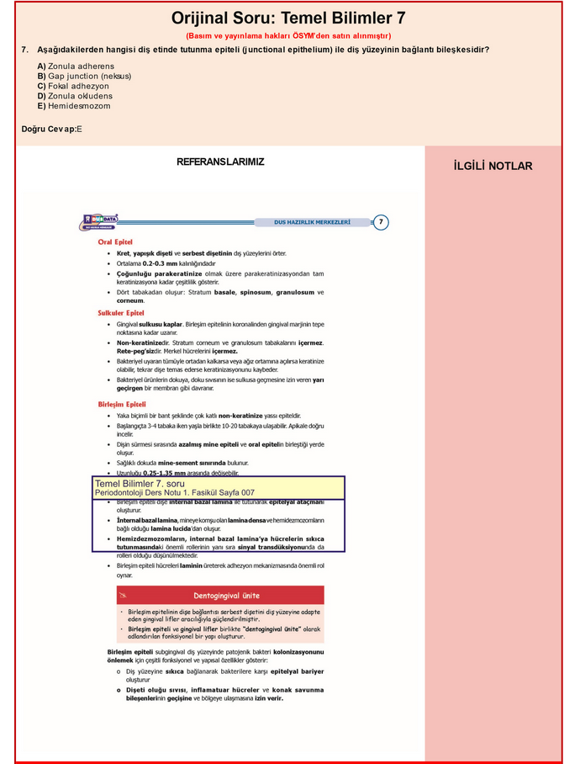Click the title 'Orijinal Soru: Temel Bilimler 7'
pos(288,18)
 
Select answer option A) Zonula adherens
pos(76,66)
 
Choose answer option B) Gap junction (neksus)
pos(84,76)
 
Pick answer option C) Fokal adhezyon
pos(73,86)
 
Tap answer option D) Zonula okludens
pos(74,96)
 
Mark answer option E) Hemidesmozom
pos(74,106)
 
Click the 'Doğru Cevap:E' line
pos(52,129)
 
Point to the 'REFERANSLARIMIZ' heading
pos(220,162)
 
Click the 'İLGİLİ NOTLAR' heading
pos(493,166)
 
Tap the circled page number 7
pos(381,222)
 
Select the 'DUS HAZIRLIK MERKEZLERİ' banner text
pos(313,222)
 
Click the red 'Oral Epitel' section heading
pos(115,242)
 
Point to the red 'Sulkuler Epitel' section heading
pos(121,313)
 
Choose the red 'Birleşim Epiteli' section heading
pos(123,405)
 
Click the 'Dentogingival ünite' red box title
pos(220,595)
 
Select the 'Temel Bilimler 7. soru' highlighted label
pos(140,484)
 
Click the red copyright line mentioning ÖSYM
pos(288,36)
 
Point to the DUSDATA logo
pos(100,221)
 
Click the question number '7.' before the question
pos(26,50)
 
